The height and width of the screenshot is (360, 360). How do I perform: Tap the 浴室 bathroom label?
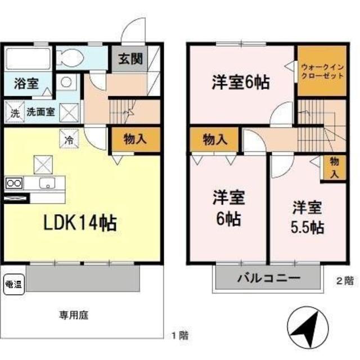[x=26, y=84]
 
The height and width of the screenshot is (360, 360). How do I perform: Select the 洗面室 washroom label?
[x=42, y=112]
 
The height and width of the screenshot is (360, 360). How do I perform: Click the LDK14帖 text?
[x=81, y=223]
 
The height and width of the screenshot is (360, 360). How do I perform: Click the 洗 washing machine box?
[x=15, y=112]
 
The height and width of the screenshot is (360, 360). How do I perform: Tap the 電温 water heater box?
[x=13, y=283]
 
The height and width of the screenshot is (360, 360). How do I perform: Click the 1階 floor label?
[x=180, y=336]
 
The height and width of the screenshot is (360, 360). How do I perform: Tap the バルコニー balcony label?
[x=268, y=278]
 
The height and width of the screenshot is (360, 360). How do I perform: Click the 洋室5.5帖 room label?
[x=307, y=217]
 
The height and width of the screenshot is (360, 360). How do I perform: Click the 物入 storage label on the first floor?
[x=134, y=139]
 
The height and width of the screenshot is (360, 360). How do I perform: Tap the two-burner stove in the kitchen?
[x=13, y=183]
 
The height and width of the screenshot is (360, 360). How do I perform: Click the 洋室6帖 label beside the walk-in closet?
[x=240, y=83]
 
